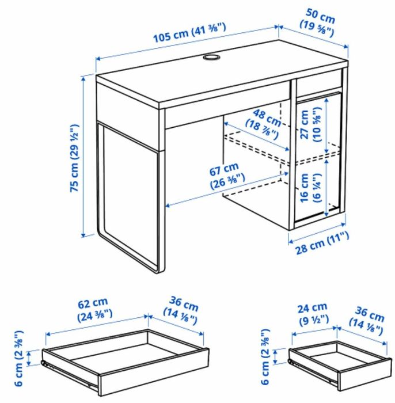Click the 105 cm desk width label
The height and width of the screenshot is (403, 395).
190,32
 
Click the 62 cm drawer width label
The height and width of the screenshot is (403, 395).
93,308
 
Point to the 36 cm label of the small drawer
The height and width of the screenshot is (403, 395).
368,322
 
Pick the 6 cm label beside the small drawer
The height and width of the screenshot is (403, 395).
265,357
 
